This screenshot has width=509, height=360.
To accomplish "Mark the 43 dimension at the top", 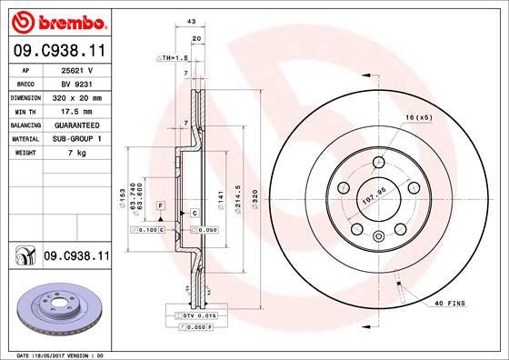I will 191,22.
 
